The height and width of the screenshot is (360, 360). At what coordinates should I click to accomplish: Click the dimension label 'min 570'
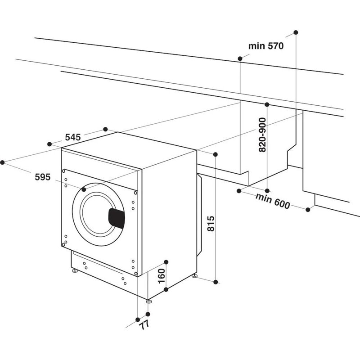click(x=265, y=46)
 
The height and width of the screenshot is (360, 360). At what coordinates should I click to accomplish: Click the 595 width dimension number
click(x=42, y=177)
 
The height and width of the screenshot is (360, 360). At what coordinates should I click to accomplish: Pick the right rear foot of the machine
click(x=194, y=275)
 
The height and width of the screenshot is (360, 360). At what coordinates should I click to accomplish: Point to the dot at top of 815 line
click(x=216, y=155)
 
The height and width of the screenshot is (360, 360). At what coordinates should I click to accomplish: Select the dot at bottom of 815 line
click(x=216, y=282)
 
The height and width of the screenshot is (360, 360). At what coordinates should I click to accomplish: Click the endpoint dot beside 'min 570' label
click(x=240, y=58)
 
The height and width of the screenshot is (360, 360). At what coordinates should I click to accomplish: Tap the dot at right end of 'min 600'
click(x=309, y=210)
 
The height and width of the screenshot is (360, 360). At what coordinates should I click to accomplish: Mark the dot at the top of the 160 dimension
click(x=166, y=261)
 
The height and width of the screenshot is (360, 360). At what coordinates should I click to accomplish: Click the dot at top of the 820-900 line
click(x=267, y=104)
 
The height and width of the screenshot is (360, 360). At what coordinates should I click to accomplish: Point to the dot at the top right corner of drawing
click(x=296, y=32)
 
